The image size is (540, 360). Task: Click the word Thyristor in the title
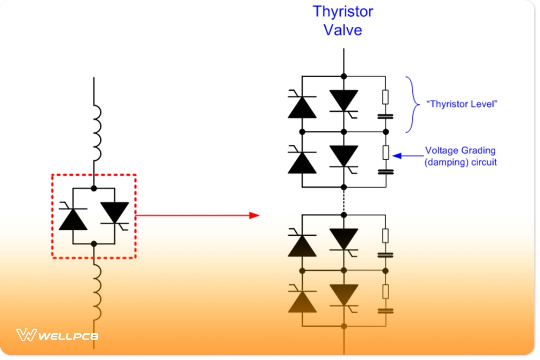tap(343, 12)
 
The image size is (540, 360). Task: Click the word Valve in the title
tap(343, 30)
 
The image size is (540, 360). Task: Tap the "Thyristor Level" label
tap(462, 104)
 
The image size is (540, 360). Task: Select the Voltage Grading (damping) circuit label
tap(461, 156)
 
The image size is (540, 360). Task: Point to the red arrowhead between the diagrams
tap(254, 215)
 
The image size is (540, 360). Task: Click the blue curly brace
tap(412, 104)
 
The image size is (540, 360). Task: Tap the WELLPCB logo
tap(57, 335)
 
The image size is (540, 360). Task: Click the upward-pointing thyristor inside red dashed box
tap(73, 219)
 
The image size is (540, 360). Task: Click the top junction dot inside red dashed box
tap(94, 188)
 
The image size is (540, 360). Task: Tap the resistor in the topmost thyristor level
tap(385, 97)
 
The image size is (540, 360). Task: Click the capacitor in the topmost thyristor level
tap(385, 116)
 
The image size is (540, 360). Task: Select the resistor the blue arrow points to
tap(386, 153)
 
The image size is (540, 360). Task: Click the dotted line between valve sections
tap(344, 201)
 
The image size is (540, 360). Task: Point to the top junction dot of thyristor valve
tap(344, 76)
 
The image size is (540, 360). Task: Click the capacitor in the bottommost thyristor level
tap(385, 311)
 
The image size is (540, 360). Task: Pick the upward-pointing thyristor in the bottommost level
tap(302, 302)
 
